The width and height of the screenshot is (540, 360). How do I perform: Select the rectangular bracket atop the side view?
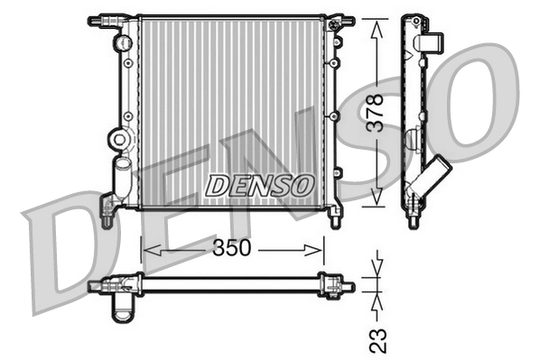[x=431, y=42]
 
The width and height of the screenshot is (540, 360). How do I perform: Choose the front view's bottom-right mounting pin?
[x=336, y=217]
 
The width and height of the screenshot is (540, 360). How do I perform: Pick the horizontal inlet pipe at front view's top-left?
[x=104, y=19]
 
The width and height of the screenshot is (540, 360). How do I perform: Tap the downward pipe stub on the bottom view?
[x=122, y=309]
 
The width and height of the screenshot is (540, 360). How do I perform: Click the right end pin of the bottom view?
[x=347, y=287]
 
